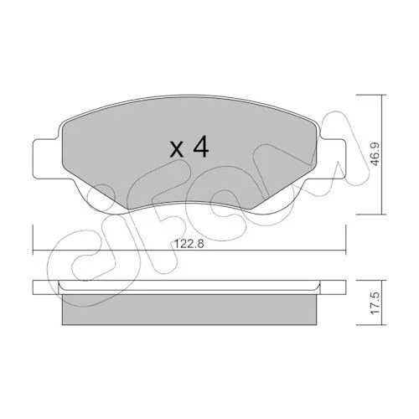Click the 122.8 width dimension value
click(189, 244)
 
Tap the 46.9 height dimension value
click(375, 154)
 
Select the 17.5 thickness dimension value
click(375, 303)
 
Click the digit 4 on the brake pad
click(201, 147)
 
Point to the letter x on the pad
click(177, 149)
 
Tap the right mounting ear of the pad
click(332, 159)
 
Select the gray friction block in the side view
click(189, 309)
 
